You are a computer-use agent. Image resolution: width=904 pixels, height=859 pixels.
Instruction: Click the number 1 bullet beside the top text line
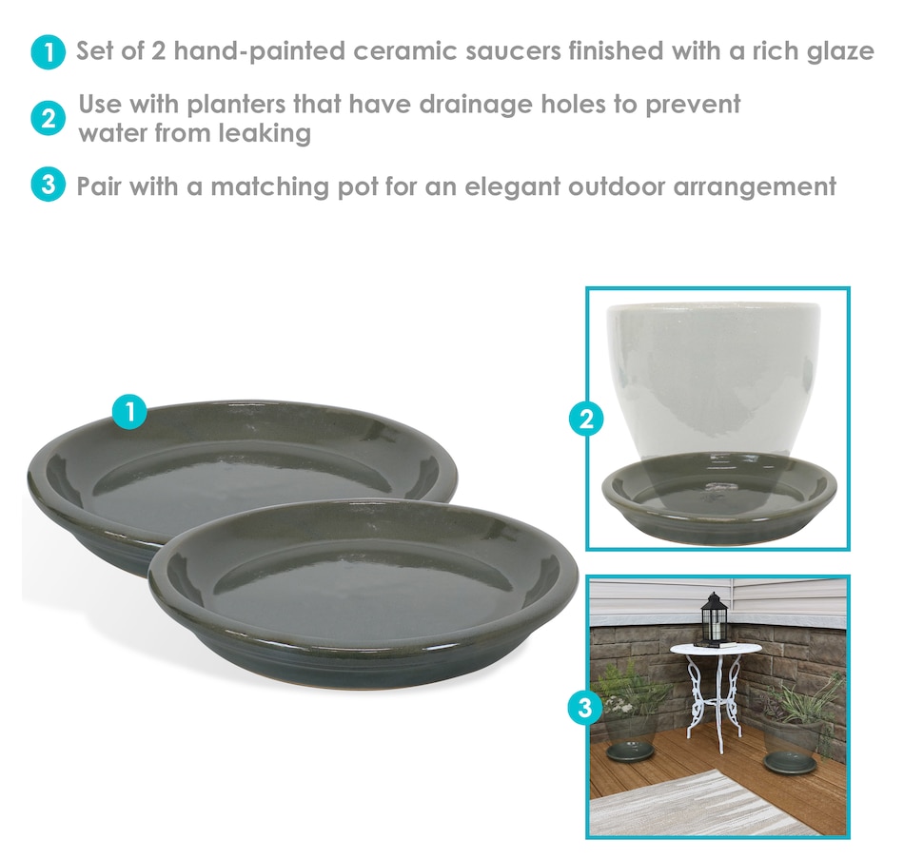coord(48,52)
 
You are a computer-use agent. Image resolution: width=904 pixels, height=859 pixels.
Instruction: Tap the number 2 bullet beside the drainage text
coord(48,119)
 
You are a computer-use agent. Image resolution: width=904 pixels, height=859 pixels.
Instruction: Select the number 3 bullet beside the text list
coord(48,185)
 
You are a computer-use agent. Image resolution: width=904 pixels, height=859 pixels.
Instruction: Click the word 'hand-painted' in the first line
coord(260,51)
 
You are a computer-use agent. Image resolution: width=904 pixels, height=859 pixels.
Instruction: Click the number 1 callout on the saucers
coord(129,412)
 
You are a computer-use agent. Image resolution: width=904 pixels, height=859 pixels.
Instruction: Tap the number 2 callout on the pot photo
coord(586,420)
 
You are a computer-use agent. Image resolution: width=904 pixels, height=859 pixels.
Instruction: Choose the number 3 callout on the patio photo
coord(585,707)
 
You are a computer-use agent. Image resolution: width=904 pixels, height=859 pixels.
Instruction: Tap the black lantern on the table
coord(715,618)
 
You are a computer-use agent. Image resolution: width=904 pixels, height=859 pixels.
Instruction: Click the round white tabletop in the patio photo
coord(716,649)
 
